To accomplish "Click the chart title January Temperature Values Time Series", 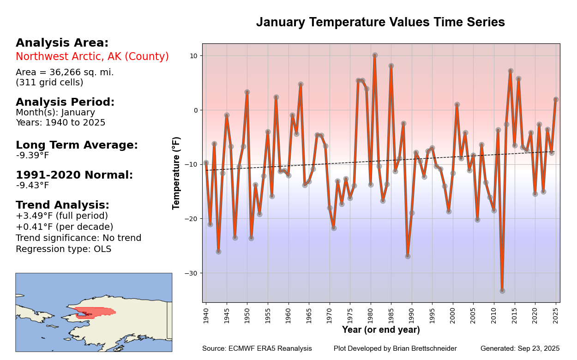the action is pyautogui.click(x=380, y=22).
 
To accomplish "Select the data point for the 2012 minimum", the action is pyautogui.click(x=502, y=291).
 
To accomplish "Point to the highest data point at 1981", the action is pyautogui.click(x=375, y=55).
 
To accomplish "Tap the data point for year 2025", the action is pyautogui.click(x=556, y=99).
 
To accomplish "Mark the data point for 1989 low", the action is pyautogui.click(x=408, y=256).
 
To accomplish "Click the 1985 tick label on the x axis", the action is pyautogui.click(x=391, y=316).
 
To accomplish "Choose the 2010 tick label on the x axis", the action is pyautogui.click(x=494, y=316).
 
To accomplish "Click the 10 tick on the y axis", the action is pyautogui.click(x=194, y=56).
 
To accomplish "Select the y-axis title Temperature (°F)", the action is pyautogui.click(x=176, y=173).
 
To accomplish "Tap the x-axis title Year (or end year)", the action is pyautogui.click(x=381, y=330).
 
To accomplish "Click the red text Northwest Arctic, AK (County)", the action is pyautogui.click(x=92, y=57).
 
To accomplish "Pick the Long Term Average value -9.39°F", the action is pyautogui.click(x=32, y=156).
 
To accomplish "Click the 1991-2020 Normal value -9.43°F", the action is pyautogui.click(x=32, y=186).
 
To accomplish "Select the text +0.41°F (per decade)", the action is pyautogui.click(x=65, y=227).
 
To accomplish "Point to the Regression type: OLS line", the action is pyautogui.click(x=63, y=249).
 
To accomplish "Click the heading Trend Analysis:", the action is pyautogui.click(x=62, y=205).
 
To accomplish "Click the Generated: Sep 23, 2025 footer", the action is pyautogui.click(x=520, y=348).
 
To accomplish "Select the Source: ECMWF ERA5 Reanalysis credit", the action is pyautogui.click(x=257, y=348).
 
